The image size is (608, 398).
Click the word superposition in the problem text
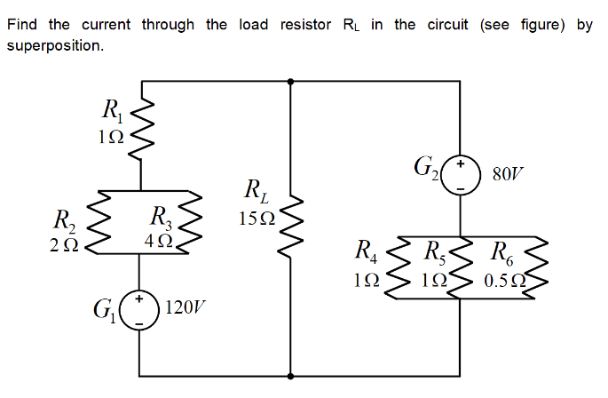click(x=54, y=44)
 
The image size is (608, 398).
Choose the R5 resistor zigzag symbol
click(x=460, y=267)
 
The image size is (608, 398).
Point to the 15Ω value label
click(x=259, y=216)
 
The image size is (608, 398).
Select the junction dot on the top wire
click(x=292, y=81)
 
